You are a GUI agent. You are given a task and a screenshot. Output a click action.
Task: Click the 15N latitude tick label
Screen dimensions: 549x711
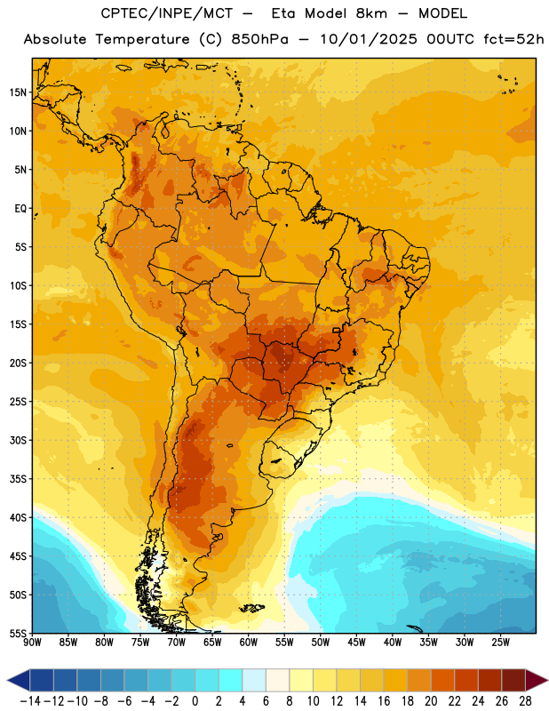point(18,92)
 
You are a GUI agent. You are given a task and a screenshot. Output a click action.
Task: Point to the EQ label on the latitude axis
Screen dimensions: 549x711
point(20,209)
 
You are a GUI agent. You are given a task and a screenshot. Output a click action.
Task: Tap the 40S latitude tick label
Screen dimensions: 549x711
point(18,517)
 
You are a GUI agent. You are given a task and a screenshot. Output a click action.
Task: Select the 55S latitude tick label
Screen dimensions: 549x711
point(18,633)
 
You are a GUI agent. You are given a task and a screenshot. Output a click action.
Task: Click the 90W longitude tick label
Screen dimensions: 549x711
point(32,643)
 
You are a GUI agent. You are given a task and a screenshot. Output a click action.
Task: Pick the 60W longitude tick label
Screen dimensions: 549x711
point(249,643)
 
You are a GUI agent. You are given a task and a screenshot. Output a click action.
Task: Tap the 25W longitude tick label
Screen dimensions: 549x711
point(500,643)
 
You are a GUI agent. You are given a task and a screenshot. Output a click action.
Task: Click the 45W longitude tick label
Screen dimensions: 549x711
point(356,643)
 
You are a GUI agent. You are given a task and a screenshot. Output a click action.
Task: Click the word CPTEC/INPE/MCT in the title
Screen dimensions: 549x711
point(167,13)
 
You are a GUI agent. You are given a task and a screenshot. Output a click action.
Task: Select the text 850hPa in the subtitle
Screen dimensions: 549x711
point(259,39)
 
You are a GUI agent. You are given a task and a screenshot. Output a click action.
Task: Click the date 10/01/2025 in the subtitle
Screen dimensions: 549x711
point(369,39)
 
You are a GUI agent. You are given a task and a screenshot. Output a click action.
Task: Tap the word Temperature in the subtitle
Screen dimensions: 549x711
point(142,39)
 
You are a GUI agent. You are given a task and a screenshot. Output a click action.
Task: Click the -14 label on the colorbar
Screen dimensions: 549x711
point(30,701)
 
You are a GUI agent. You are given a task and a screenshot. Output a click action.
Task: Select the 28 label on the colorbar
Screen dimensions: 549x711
point(525,701)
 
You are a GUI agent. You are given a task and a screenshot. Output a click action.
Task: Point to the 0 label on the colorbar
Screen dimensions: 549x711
point(195,701)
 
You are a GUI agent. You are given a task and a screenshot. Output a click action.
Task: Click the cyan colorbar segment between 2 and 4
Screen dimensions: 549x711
point(230,680)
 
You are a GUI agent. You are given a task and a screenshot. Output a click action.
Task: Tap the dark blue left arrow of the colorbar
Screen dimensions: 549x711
point(20,680)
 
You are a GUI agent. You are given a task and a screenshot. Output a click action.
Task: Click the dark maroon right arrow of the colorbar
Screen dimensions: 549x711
point(536,680)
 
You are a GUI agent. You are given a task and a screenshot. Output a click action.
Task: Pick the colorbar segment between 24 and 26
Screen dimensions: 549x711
point(490,680)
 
